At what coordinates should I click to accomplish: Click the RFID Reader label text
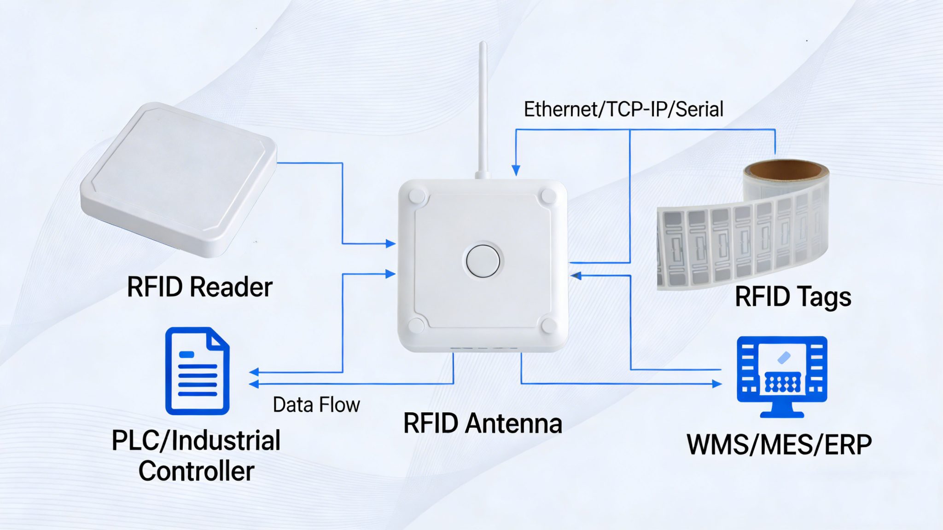(x=199, y=287)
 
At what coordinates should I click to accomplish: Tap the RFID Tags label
(x=792, y=297)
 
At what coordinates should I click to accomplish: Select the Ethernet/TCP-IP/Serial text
(x=623, y=109)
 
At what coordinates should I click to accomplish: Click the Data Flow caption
(x=316, y=405)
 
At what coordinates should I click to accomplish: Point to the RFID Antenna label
(x=483, y=423)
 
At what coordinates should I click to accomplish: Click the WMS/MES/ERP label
(x=779, y=445)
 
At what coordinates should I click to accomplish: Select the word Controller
(x=197, y=471)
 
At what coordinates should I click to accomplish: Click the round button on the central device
(x=483, y=261)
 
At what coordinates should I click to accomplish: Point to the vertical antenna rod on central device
(x=483, y=106)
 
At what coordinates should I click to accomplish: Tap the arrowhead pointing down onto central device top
(x=516, y=171)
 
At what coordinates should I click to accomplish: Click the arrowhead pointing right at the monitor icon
(x=716, y=384)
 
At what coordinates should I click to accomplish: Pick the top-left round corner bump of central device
(x=417, y=196)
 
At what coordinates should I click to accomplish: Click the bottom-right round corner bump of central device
(x=548, y=325)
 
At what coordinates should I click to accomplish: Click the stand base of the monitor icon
(x=781, y=414)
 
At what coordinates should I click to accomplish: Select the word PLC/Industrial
(x=196, y=441)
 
